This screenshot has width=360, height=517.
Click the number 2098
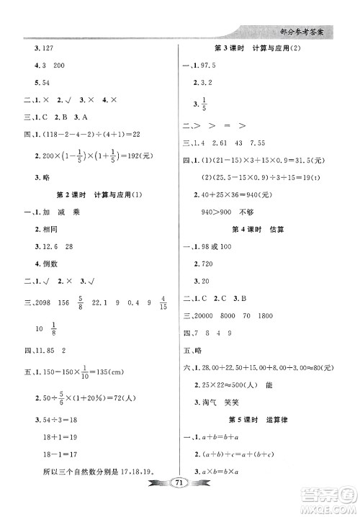click(48, 302)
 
